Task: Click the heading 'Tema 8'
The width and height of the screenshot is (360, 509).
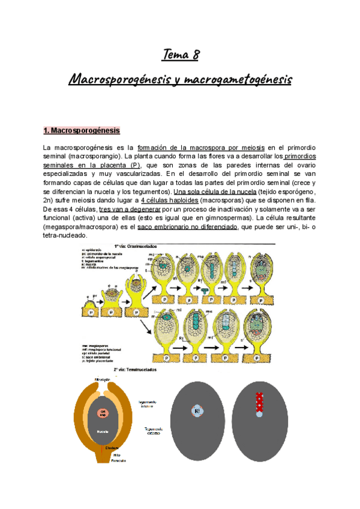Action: pos(180,56)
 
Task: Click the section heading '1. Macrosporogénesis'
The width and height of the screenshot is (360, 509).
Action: pos(82,130)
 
